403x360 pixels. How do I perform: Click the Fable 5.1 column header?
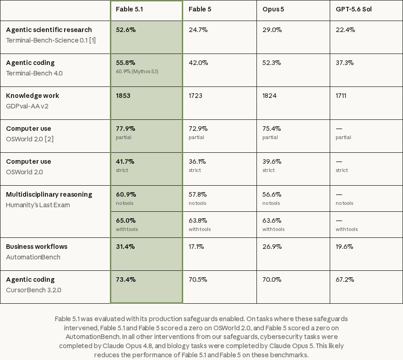(129, 9)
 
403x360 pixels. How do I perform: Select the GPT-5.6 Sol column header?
(354, 9)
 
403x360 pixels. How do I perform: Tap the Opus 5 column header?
(273, 9)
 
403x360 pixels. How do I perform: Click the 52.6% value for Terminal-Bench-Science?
(125, 30)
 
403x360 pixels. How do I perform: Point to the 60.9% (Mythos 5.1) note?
(137, 71)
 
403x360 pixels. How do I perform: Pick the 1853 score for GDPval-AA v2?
(123, 96)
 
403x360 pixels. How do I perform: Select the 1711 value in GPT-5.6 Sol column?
(341, 96)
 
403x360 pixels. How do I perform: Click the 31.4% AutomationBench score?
(125, 247)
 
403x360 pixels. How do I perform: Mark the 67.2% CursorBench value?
(345, 279)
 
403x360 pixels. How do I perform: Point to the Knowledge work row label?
(33, 96)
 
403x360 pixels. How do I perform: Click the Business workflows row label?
(37, 247)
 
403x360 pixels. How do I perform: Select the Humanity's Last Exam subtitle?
(38, 205)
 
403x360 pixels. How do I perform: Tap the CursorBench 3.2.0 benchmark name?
(34, 290)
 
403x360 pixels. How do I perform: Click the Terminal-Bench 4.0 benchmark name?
(34, 74)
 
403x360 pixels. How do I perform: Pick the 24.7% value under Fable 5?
(198, 30)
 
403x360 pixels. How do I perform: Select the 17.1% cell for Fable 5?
(196, 247)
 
